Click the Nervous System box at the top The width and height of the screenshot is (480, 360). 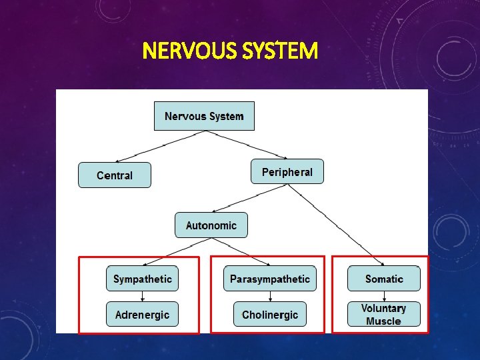coord(204,116)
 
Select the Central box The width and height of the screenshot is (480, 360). coord(115,175)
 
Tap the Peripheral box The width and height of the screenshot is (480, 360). coord(287,172)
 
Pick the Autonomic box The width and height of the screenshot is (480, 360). coord(211,225)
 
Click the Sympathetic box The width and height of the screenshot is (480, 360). coord(142,279)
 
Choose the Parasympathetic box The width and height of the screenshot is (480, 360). coord(270,279)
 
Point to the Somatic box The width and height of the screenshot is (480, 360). coord(384,279)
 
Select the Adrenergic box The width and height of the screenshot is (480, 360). coord(142,315)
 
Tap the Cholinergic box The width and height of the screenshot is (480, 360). coord(270,315)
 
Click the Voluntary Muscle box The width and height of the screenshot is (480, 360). coord(384,315)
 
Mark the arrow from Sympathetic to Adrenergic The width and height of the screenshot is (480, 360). coord(142,296)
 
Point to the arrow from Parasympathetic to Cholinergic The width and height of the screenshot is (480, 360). coord(270,296)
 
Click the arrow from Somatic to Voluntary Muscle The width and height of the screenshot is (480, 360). coord(384,296)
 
